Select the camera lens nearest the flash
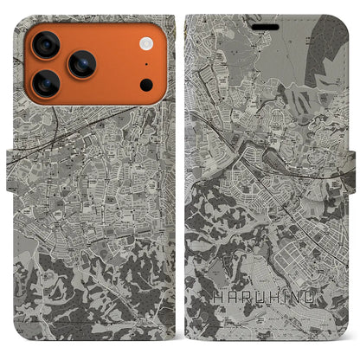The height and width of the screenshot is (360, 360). coord(82,63)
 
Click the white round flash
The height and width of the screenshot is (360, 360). coord(145,42)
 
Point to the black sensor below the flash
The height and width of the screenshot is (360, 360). coord(146,85)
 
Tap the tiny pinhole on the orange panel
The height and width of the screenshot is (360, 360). coord(145,64)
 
